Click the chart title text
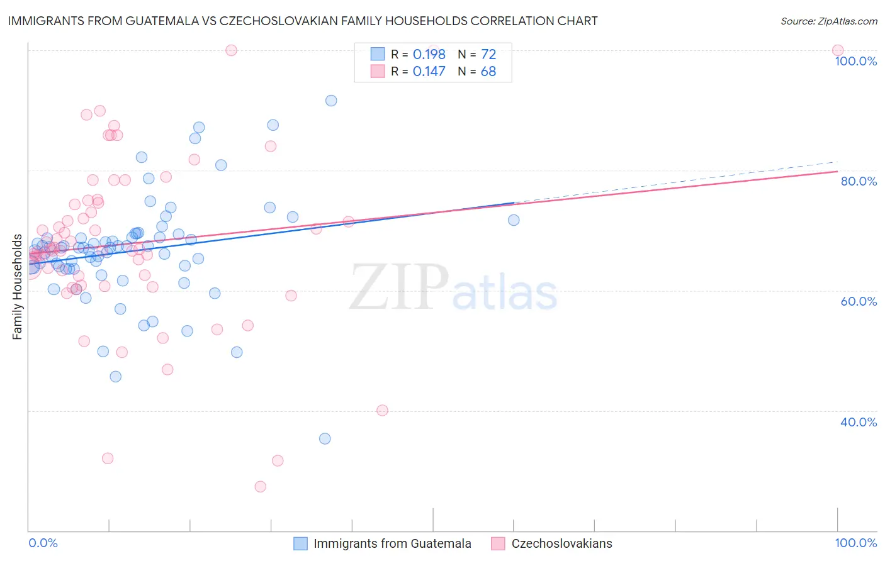point(303,21)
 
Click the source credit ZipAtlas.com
point(828,21)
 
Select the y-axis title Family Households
point(17,287)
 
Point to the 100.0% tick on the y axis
point(855,61)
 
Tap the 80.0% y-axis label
point(859,181)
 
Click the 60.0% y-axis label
point(859,301)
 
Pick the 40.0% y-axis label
point(859,422)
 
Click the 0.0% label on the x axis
point(43,543)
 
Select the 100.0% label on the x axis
point(855,543)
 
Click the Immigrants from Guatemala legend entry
point(392,543)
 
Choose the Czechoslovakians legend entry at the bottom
point(561,543)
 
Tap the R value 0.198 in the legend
point(429,55)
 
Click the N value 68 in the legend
point(488,72)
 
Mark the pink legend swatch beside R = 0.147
point(377,72)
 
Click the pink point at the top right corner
point(837,50)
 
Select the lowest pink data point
point(260,486)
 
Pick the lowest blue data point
point(325,438)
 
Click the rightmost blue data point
point(514,220)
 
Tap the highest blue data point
point(331,101)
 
